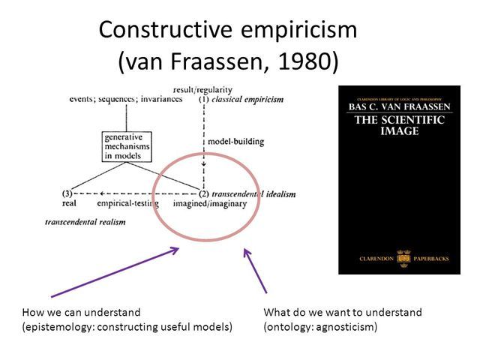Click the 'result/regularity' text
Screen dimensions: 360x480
click(203, 90)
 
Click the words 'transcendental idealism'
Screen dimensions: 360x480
click(246, 193)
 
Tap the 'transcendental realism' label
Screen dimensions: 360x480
click(82, 223)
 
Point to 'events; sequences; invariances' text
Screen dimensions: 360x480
click(126, 99)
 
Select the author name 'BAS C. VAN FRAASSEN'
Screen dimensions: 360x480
click(398, 107)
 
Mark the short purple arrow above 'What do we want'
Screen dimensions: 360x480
click(255, 270)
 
